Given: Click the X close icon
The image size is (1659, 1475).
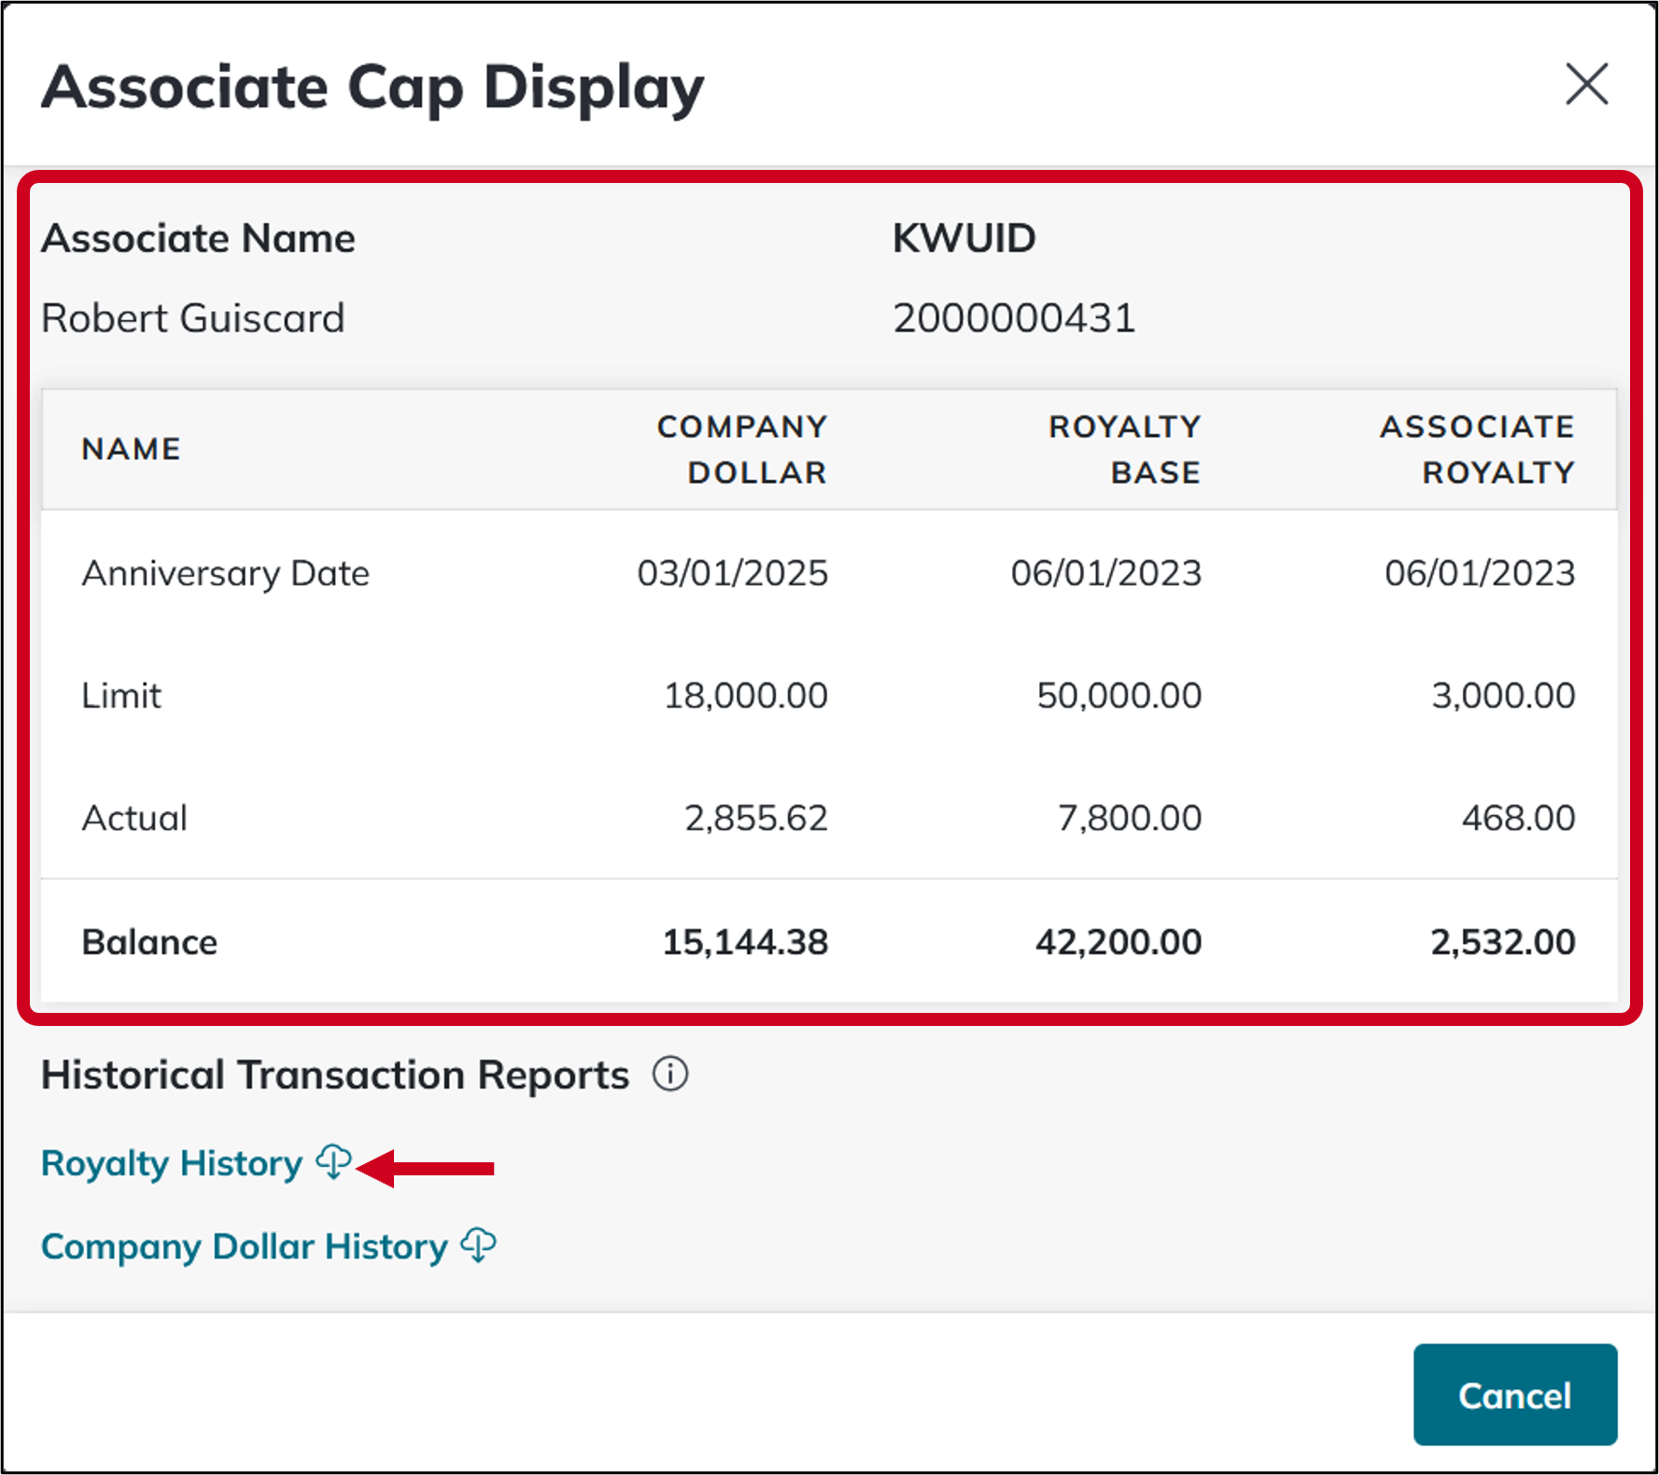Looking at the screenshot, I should pyautogui.click(x=1586, y=85).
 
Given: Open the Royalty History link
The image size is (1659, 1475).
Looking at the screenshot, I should pyautogui.click(x=173, y=1164).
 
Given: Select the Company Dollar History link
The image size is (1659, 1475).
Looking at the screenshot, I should pyautogui.click(x=245, y=1247).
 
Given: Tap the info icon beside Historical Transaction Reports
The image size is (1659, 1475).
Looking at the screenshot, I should pyautogui.click(x=670, y=1075).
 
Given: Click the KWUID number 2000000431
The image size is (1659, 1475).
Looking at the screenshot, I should pyautogui.click(x=1014, y=318).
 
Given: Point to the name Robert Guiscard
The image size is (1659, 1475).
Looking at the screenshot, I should pyautogui.click(x=193, y=318).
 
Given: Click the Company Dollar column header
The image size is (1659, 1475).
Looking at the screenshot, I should pyautogui.click(x=742, y=449).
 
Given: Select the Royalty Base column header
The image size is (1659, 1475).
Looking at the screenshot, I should pyautogui.click(x=1124, y=449).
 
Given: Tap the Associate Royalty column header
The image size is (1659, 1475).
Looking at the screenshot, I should pyautogui.click(x=1477, y=449).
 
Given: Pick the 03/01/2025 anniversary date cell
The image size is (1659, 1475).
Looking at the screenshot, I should pyautogui.click(x=733, y=573).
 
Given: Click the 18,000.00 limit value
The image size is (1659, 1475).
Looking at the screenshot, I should pyautogui.click(x=745, y=695).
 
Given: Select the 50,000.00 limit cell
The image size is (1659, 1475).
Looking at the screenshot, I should pyautogui.click(x=1118, y=695).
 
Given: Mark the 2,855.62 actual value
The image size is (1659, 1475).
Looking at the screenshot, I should pyautogui.click(x=756, y=819).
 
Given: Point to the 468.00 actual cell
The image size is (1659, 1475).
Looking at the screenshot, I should pyautogui.click(x=1518, y=819).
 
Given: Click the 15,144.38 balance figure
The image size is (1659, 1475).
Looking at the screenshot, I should pyautogui.click(x=745, y=942).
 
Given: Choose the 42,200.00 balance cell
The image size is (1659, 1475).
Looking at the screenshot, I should pyautogui.click(x=1118, y=942).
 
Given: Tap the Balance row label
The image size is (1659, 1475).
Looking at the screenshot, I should pyautogui.click(x=149, y=942).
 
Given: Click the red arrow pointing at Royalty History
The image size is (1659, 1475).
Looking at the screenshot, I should pyautogui.click(x=427, y=1168).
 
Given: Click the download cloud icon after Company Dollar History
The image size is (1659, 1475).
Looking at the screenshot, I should pyautogui.click(x=479, y=1245).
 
